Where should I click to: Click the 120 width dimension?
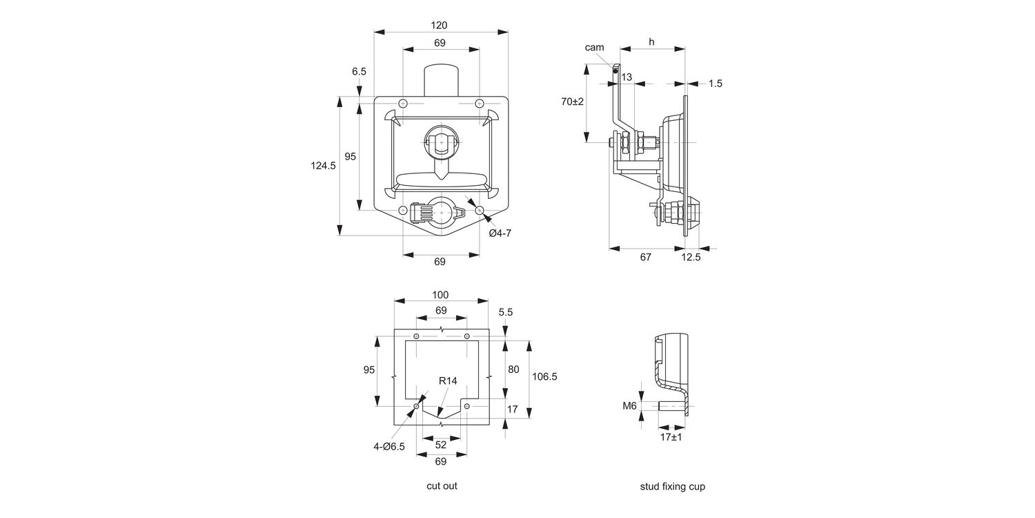440,26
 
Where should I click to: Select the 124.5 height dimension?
323,166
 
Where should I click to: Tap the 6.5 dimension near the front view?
359,71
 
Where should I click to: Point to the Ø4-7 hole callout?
500,233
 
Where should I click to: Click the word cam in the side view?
594,48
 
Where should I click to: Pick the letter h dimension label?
651,42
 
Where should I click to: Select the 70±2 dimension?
572,102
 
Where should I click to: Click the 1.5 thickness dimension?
716,84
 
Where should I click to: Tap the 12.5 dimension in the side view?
690,257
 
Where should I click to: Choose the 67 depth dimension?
645,257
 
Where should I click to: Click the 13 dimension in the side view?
627,77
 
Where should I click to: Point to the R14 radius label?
448,381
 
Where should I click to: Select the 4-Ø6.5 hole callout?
389,446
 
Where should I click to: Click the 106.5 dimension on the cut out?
544,376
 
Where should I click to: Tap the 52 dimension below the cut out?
441,445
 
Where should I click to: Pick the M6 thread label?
629,405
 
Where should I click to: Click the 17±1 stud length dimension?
671,437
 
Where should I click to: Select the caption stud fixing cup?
672,486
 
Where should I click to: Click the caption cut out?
442,486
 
